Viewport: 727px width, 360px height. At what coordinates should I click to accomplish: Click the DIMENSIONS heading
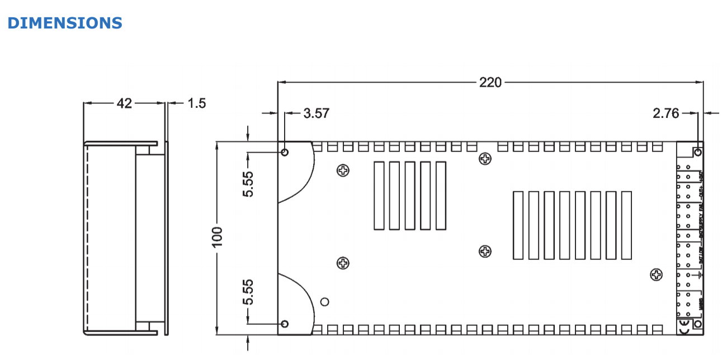pyautogui.click(x=64, y=23)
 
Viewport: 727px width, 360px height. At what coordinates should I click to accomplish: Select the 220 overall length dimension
pyautogui.click(x=490, y=82)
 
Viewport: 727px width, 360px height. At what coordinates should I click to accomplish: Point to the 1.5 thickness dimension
pyautogui.click(x=196, y=103)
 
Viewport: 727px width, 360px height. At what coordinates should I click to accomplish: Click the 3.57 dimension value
pyautogui.click(x=316, y=113)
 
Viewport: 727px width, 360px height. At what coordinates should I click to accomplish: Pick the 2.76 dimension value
pyautogui.click(x=665, y=113)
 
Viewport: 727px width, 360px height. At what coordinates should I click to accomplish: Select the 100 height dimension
pyautogui.click(x=218, y=237)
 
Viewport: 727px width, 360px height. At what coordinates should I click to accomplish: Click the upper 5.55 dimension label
pyautogui.click(x=248, y=184)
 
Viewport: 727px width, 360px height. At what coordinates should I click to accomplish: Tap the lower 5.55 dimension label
pyautogui.click(x=248, y=292)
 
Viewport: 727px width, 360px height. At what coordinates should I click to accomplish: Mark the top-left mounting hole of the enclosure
pyautogui.click(x=285, y=152)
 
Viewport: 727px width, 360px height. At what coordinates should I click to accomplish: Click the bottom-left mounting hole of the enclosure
pyautogui.click(x=285, y=324)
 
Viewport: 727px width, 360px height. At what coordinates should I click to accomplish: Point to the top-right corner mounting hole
pyautogui.click(x=697, y=151)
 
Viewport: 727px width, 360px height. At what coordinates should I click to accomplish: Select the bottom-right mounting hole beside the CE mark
pyautogui.click(x=697, y=324)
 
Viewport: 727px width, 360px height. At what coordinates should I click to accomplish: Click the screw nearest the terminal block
pyautogui.click(x=656, y=274)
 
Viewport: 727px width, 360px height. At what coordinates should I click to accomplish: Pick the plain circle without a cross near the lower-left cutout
pyautogui.click(x=324, y=302)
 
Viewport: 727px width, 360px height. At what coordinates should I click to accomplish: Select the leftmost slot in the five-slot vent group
pyautogui.click(x=379, y=195)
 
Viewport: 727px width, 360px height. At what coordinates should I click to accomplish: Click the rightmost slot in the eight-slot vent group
pyautogui.click(x=626, y=225)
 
